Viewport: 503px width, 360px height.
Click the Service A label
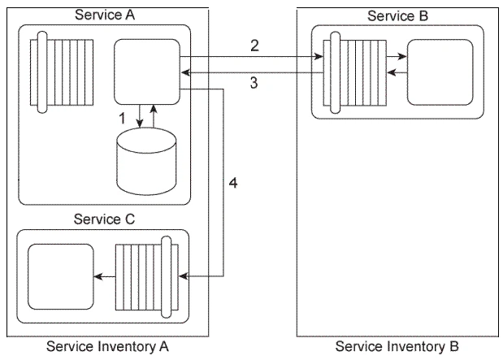point(103,14)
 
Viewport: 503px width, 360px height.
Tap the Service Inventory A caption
point(107,347)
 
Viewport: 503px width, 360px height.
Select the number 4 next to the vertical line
point(233,184)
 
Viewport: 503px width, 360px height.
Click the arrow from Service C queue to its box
point(105,277)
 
